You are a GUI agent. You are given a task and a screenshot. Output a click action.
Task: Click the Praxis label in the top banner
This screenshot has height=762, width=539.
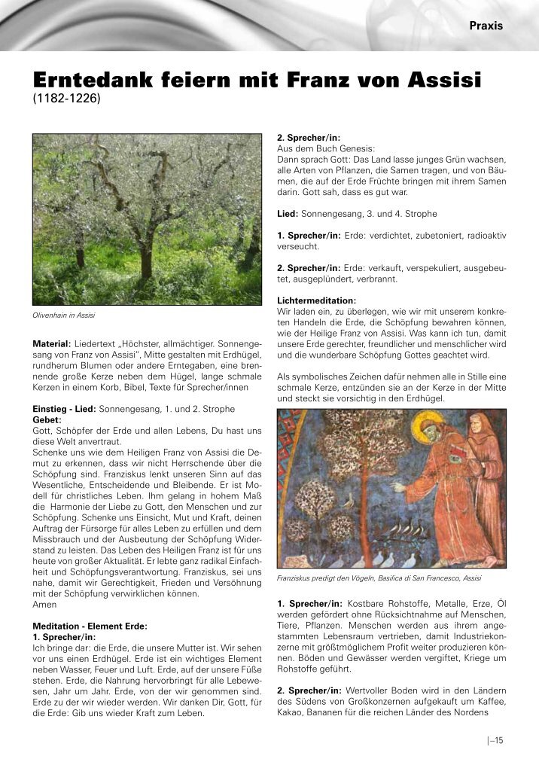coord(486,26)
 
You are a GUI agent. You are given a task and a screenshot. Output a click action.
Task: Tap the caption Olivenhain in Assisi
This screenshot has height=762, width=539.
coord(63,315)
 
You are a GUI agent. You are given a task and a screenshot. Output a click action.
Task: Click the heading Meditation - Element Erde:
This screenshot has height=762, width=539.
coord(90,626)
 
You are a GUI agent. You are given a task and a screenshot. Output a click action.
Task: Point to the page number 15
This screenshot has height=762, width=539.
coord(498,740)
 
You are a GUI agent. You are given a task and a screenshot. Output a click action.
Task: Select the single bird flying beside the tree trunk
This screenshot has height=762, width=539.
coord(347,500)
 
